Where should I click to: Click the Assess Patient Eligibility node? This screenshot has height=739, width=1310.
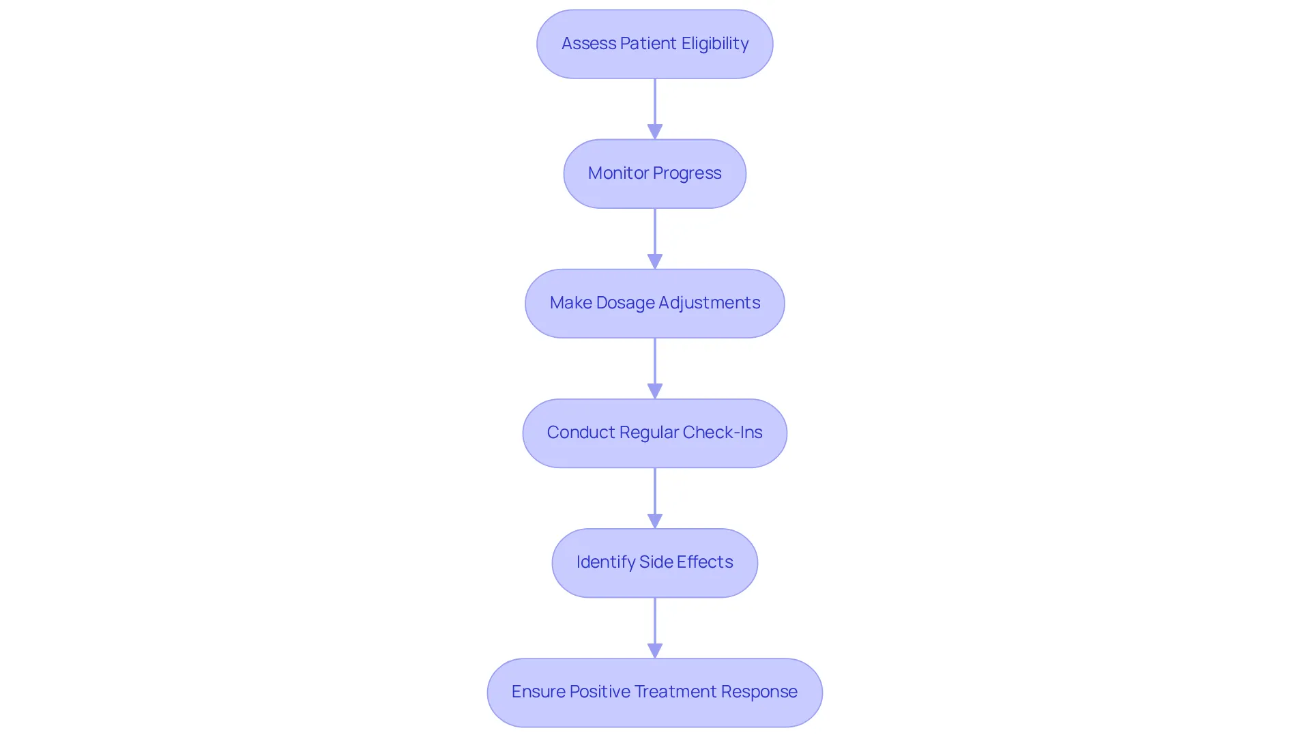(x=655, y=44)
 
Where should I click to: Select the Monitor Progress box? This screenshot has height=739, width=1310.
(x=655, y=173)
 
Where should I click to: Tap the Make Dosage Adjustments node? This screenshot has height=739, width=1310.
(x=655, y=303)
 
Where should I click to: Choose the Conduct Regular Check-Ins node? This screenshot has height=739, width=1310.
(x=655, y=433)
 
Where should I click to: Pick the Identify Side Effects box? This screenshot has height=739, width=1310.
(x=655, y=562)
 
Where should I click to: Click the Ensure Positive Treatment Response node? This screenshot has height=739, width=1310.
(x=655, y=692)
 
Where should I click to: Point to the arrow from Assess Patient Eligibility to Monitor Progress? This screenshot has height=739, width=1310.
(x=655, y=109)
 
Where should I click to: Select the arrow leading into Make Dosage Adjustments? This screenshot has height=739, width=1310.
(x=655, y=239)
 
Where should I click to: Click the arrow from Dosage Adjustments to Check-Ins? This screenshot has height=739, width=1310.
(x=655, y=368)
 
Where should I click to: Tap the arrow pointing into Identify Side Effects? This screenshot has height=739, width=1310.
(x=655, y=498)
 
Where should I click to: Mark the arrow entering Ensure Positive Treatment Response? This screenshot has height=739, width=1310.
(x=655, y=628)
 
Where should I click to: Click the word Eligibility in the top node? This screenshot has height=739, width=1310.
(x=715, y=44)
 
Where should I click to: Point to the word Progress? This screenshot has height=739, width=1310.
(x=687, y=174)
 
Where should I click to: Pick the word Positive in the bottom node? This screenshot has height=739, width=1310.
(x=600, y=692)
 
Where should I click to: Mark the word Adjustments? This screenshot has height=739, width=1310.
(x=709, y=304)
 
